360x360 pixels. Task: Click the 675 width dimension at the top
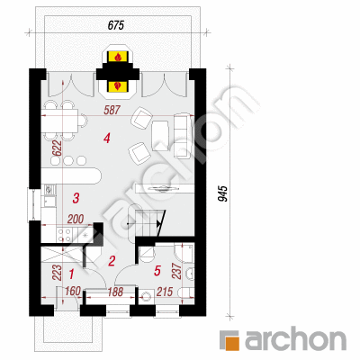tap(116, 25)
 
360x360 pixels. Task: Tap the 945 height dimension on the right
tap(223, 194)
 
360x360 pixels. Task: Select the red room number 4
tap(107, 139)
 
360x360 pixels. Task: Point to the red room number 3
tap(76, 198)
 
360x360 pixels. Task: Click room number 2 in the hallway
tap(112, 261)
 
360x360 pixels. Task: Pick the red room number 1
tap(71, 274)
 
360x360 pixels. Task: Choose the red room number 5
tap(157, 271)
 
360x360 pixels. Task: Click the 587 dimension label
tap(112, 110)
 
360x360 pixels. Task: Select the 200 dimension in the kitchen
tap(76, 220)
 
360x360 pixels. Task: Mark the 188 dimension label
tap(115, 292)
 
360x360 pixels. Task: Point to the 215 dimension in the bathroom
tap(165, 292)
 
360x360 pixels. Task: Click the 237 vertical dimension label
tap(177, 271)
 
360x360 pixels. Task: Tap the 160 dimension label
tap(73, 291)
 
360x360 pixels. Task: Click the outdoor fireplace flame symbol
tap(119, 57)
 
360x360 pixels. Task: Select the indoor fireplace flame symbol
tap(119, 86)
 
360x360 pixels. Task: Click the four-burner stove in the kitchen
tap(65, 235)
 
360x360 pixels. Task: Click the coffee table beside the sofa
tap(160, 135)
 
